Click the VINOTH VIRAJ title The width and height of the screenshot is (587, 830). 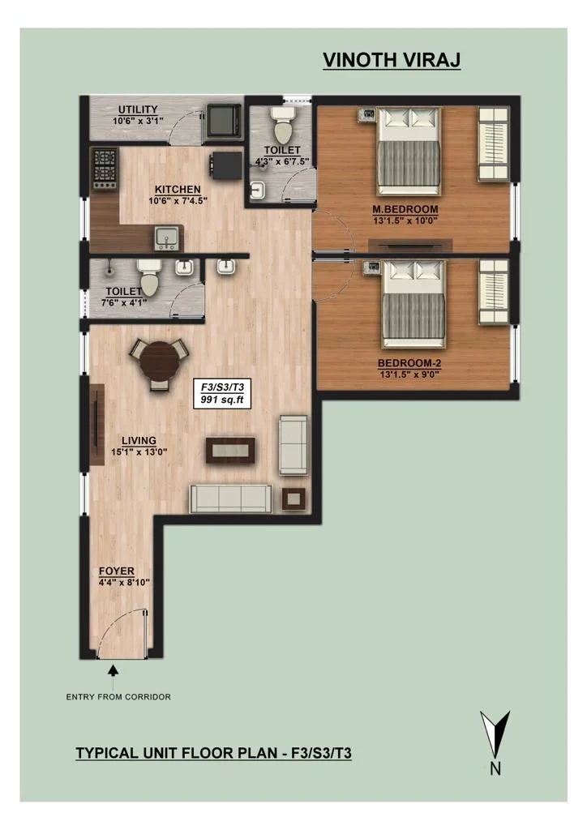click(x=392, y=60)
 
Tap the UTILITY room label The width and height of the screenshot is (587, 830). click(x=138, y=110)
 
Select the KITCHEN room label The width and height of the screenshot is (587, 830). click(x=178, y=190)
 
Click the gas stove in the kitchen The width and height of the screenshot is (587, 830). click(x=105, y=169)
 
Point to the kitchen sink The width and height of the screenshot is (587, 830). click(x=168, y=238)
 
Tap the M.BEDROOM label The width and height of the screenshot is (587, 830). click(x=405, y=209)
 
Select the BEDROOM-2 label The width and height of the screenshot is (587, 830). click(x=409, y=364)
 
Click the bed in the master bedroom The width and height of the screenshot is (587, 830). click(x=409, y=152)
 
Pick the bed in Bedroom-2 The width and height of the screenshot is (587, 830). click(x=414, y=304)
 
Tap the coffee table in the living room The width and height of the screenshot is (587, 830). click(x=230, y=451)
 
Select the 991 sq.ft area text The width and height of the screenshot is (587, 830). click(x=222, y=400)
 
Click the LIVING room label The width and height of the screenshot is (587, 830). click(x=139, y=440)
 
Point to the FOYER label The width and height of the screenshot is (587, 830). click(x=117, y=571)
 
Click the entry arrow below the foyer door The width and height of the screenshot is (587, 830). click(x=113, y=676)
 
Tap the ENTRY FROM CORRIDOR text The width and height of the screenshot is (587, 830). click(x=118, y=697)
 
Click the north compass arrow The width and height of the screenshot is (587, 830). click(x=495, y=734)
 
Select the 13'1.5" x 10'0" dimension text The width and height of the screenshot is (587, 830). click(x=405, y=220)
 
